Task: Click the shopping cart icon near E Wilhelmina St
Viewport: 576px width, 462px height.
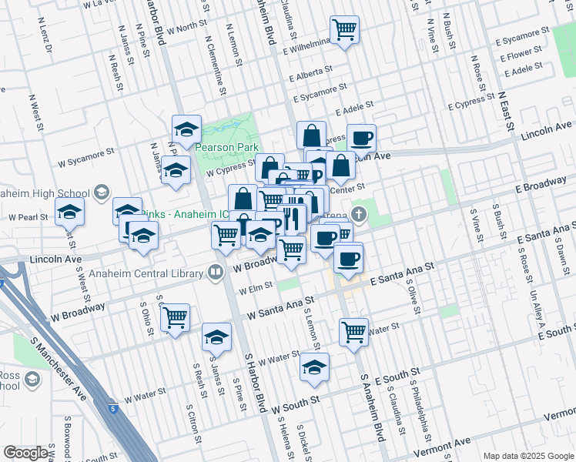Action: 344,30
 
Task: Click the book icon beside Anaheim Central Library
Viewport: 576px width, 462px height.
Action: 216,271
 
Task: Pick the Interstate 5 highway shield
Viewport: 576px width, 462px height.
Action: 112,408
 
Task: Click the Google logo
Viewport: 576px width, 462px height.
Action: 26,453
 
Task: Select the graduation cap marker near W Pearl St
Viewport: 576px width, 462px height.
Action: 69,210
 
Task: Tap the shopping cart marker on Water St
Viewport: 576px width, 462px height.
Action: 353,331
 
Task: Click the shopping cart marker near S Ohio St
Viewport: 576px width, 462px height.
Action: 176,316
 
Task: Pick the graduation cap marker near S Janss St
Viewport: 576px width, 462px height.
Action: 216,336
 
